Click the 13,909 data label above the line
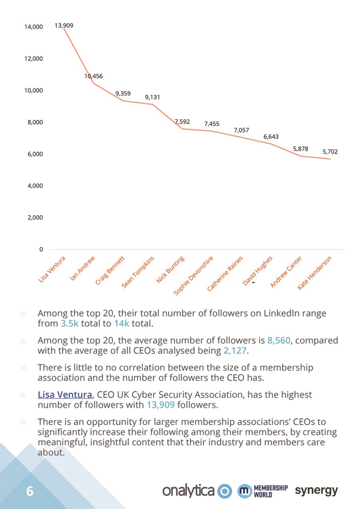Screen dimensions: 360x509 pyautogui.click(x=64, y=25)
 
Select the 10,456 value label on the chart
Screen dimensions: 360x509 pyautogui.click(x=94, y=76)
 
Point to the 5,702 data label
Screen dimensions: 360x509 pyautogui.click(x=330, y=152)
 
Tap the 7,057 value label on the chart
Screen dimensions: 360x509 pyautogui.click(x=241, y=130)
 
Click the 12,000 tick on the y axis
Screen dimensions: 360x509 pyautogui.click(x=34, y=59)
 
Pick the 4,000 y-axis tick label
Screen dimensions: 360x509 pyautogui.click(x=35, y=186)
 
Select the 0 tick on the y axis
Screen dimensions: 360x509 pyautogui.click(x=41, y=249)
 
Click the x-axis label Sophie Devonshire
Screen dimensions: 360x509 pyautogui.click(x=193, y=276)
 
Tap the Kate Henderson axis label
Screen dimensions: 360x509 pyautogui.click(x=314, y=273)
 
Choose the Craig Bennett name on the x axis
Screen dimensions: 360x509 pyautogui.click(x=110, y=270)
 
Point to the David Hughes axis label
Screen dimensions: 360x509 pyautogui.click(x=257, y=271)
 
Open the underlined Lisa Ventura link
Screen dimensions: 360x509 pyautogui.click(x=65, y=394)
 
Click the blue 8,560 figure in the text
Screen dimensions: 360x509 pyautogui.click(x=279, y=341)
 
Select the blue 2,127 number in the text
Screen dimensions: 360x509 pyautogui.click(x=235, y=351)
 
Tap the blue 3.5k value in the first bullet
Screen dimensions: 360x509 pyautogui.click(x=70, y=324)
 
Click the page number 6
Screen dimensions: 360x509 pyautogui.click(x=30, y=491)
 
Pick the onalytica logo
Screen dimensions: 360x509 pyautogui.click(x=197, y=491)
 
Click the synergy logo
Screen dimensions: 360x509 pyautogui.click(x=316, y=491)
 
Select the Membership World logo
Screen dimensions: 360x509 pyautogui.click(x=263, y=491)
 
